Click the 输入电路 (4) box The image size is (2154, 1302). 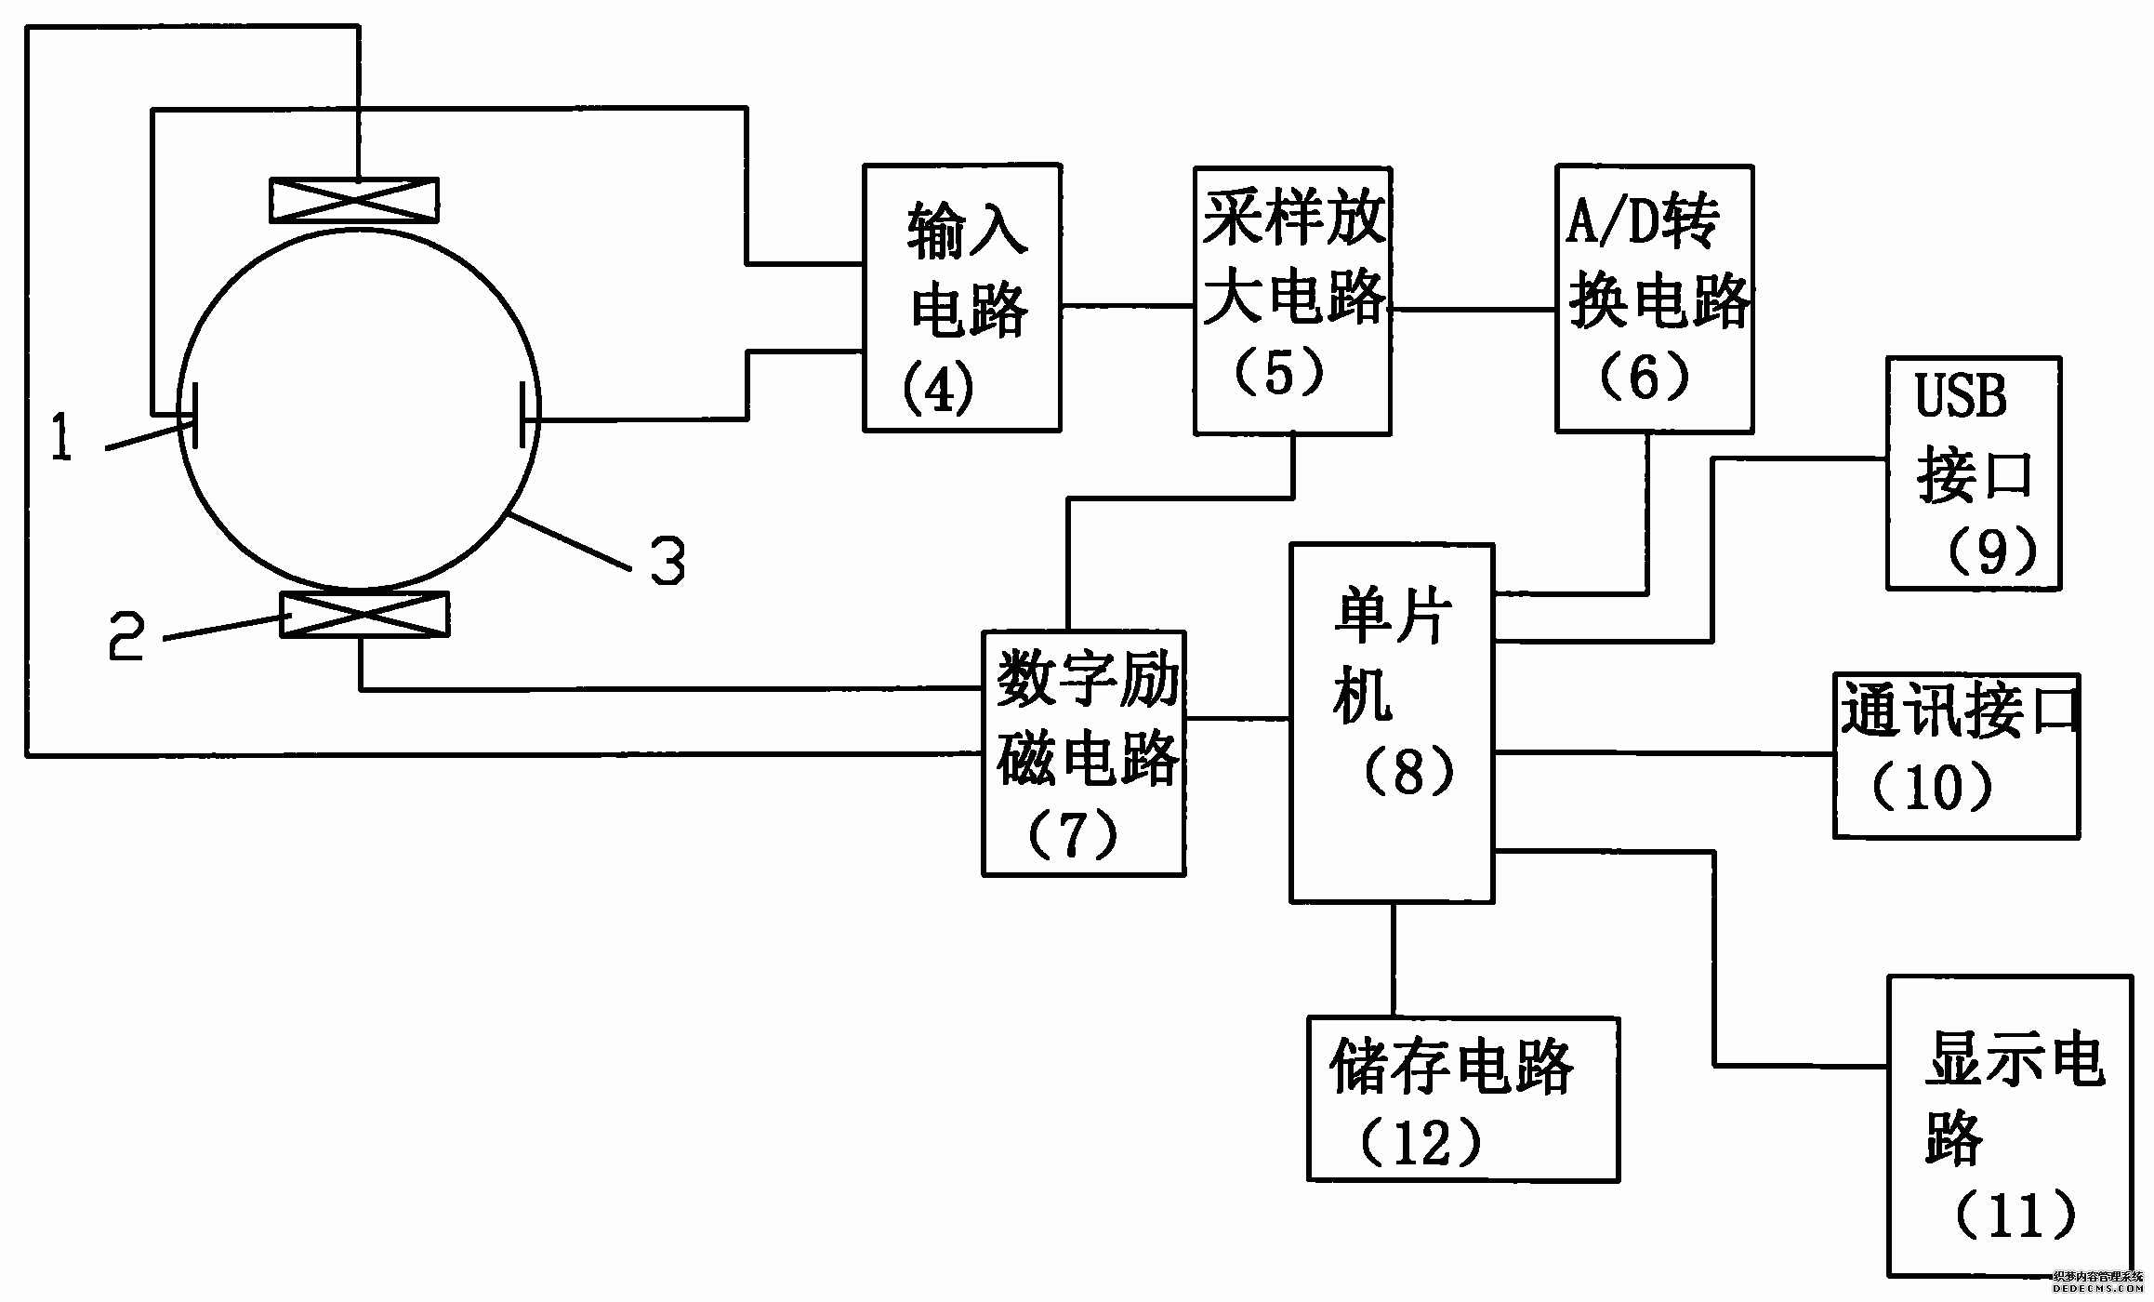tap(961, 298)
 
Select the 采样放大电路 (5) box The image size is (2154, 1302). tap(1292, 300)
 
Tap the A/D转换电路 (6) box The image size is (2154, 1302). tap(1654, 298)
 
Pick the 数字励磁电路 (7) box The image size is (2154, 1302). tap(1083, 753)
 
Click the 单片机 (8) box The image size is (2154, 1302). tap(1392, 723)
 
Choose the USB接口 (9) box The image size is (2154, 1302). tap(1973, 472)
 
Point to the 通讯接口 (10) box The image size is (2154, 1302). tap(1956, 755)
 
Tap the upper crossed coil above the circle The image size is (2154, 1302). tap(353, 201)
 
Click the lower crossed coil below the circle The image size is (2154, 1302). tap(364, 615)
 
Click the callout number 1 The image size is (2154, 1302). tap(61, 439)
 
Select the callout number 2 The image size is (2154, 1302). tap(126, 635)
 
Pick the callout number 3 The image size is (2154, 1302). tap(667, 560)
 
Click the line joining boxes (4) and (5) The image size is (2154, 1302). tap(1127, 305)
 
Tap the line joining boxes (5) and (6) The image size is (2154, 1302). tap(1473, 309)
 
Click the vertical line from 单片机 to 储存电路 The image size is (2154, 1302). tap(1393, 959)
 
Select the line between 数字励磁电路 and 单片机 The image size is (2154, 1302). tap(1236, 718)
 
